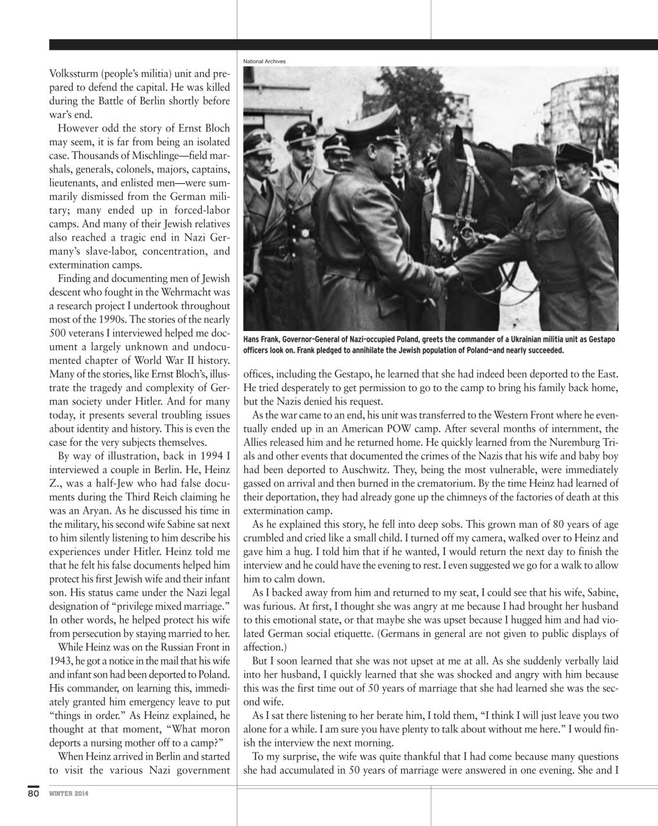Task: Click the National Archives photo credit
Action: click(264, 61)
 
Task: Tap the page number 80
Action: click(34, 793)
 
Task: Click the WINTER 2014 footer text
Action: click(69, 794)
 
